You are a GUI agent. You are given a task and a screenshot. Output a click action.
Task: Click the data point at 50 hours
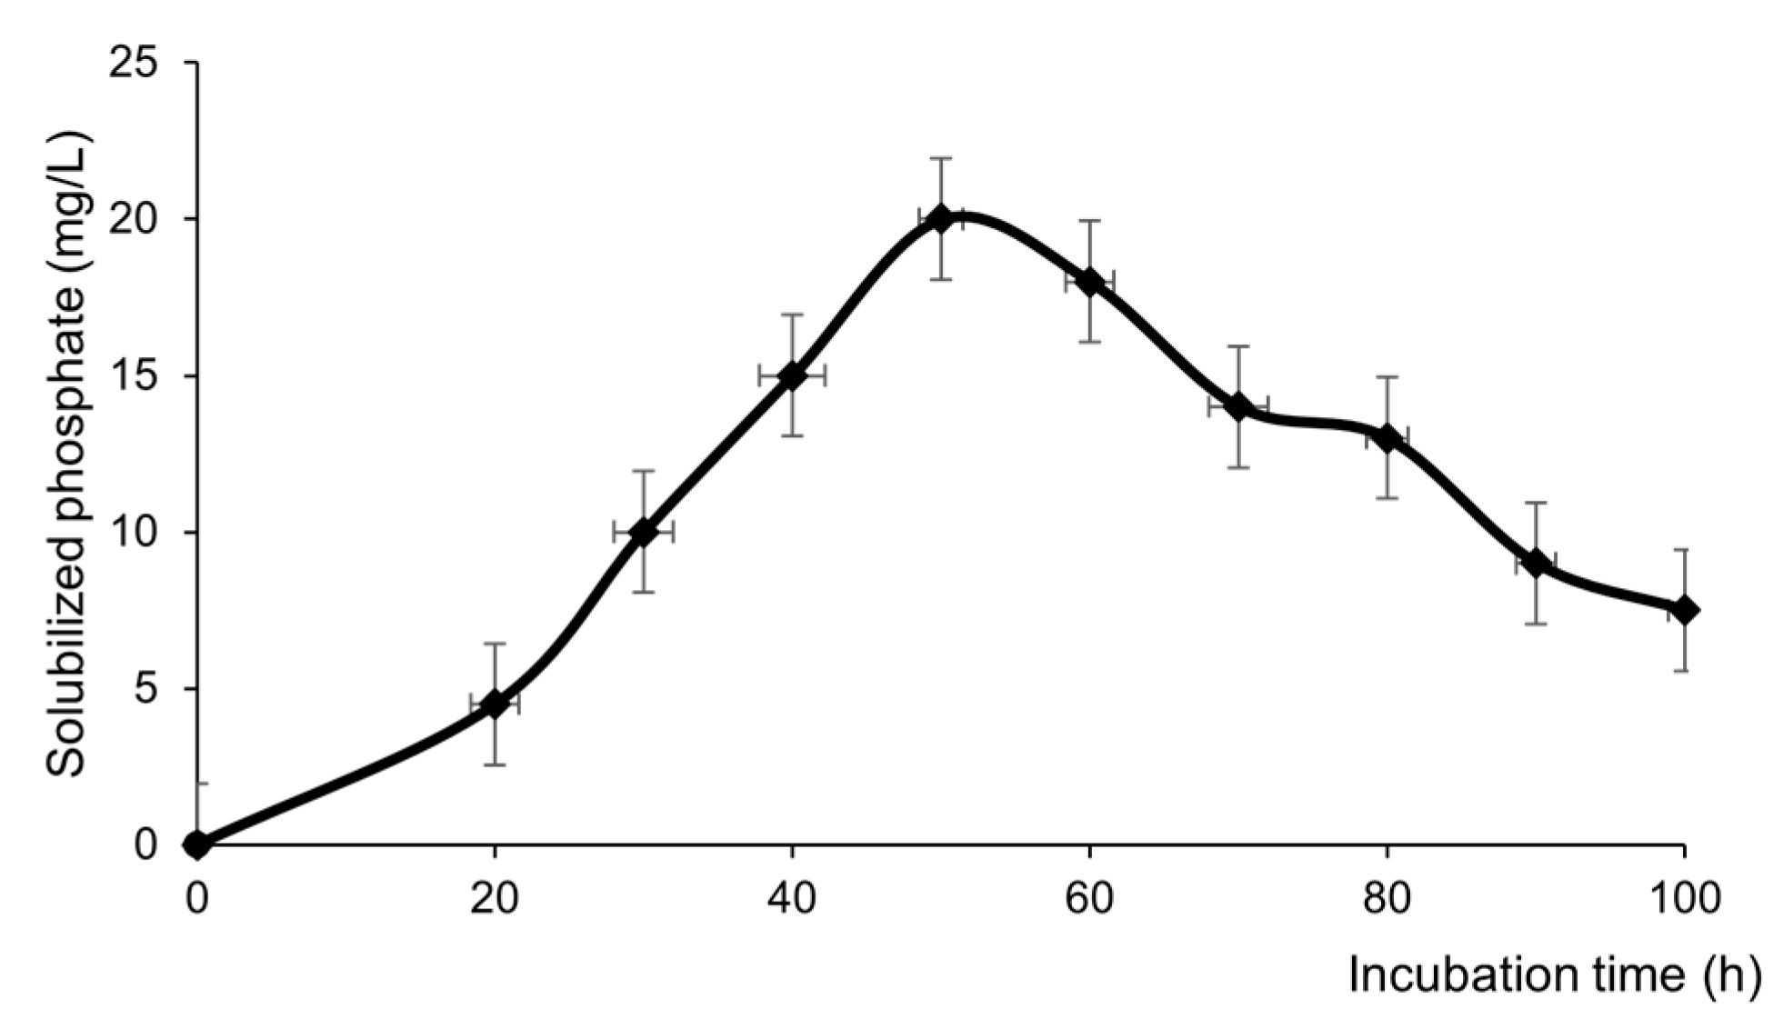click(x=940, y=218)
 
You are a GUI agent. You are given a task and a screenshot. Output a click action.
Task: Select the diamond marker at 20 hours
click(x=495, y=704)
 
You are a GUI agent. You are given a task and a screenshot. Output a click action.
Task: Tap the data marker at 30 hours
click(x=643, y=533)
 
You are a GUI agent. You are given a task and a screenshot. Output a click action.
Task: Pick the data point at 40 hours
click(x=792, y=375)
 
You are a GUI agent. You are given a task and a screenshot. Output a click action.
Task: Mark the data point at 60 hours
click(x=1089, y=282)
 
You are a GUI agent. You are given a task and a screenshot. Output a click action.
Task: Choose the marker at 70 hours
click(x=1237, y=407)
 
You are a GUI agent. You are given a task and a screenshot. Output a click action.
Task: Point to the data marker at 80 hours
click(x=1387, y=438)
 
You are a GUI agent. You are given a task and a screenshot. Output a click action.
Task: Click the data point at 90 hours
click(x=1536, y=564)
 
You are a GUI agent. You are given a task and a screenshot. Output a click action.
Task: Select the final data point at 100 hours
click(x=1685, y=610)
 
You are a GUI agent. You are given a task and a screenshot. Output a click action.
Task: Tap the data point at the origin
click(x=197, y=844)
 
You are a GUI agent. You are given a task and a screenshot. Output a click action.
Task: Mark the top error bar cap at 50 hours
click(x=940, y=158)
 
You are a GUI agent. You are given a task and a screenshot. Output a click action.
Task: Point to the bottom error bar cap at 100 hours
click(x=1685, y=671)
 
